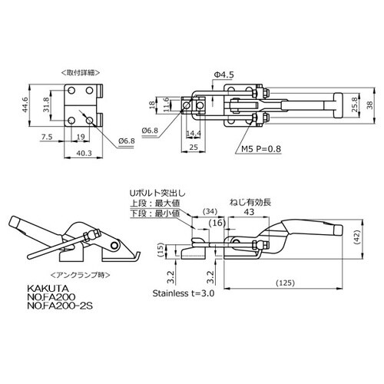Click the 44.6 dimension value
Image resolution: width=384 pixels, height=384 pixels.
pos(25,105)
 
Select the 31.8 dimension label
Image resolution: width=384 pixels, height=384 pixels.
pos(46,104)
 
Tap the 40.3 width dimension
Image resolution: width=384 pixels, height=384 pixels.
pos(84,153)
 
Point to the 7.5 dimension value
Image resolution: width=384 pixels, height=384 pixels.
pos(47,137)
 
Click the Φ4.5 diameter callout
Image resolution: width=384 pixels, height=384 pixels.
pos(224,74)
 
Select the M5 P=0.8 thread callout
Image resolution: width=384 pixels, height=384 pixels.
pos(261,149)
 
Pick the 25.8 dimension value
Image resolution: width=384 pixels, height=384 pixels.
pos(355,104)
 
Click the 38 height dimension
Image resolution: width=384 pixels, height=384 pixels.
pos(370,105)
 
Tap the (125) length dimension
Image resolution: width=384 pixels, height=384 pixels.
pos(286,283)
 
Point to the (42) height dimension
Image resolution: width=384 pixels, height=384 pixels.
pos(357,237)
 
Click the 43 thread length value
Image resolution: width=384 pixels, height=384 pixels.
pos(249,212)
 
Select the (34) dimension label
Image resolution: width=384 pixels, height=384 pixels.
pos(210,211)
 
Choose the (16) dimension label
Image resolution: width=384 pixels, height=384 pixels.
pos(217,223)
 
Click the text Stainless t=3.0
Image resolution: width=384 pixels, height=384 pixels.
pos(184,293)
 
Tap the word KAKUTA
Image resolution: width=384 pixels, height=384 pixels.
pos(48,289)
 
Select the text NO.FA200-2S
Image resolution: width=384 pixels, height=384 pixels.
pos(60,306)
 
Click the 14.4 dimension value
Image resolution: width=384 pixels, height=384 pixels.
pos(194,134)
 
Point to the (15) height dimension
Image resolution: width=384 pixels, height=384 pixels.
pos(161,250)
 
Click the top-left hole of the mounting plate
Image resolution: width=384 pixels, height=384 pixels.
pos(71,91)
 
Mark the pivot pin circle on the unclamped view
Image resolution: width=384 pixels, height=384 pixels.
pos(114,245)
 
